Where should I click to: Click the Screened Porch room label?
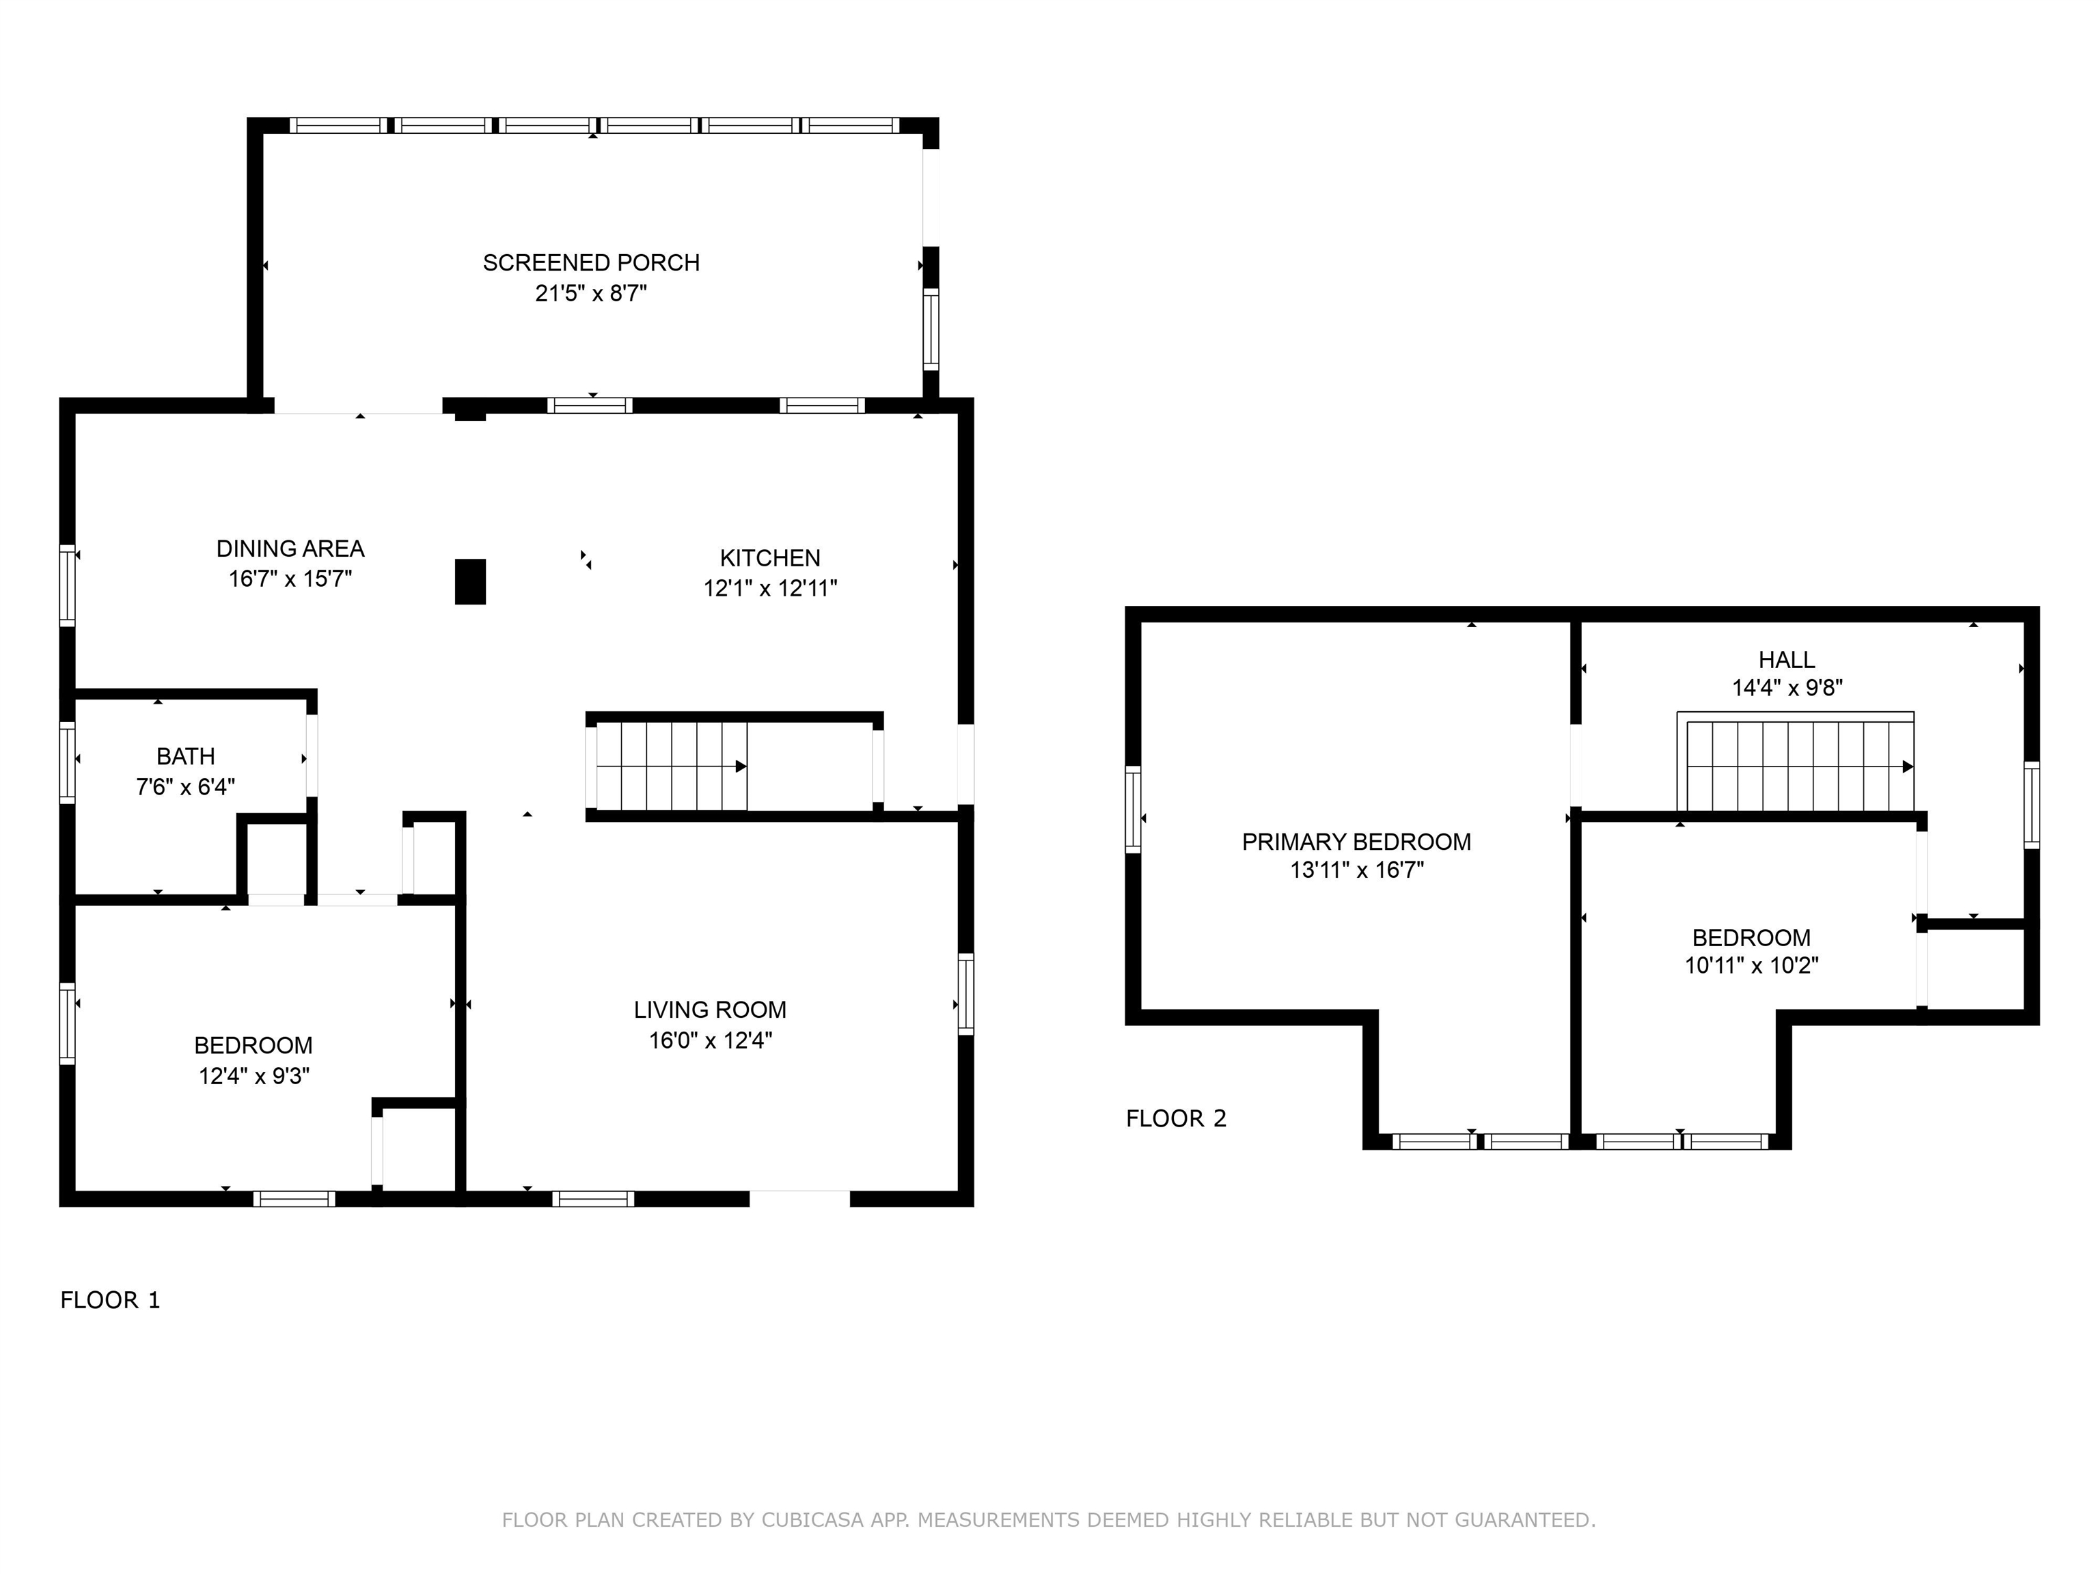(x=591, y=263)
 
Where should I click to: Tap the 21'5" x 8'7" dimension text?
(x=591, y=293)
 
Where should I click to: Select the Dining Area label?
(x=290, y=549)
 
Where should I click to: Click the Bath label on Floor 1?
(x=186, y=756)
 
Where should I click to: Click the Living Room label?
(x=711, y=1010)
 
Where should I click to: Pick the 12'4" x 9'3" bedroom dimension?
(x=254, y=1076)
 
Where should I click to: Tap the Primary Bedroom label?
(x=1357, y=842)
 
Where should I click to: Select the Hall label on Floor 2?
(x=1787, y=659)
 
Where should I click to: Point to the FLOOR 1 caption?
(x=111, y=1300)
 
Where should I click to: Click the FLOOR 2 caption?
(x=1177, y=1118)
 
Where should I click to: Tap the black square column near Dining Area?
(x=471, y=581)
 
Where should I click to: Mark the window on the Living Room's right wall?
(x=966, y=993)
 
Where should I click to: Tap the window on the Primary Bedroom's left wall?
(x=1133, y=810)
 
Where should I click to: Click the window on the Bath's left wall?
(x=68, y=763)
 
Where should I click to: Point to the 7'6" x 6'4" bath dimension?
(x=186, y=786)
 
